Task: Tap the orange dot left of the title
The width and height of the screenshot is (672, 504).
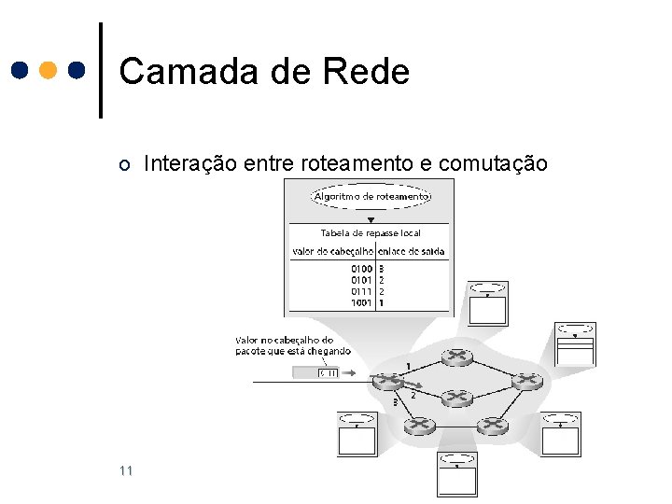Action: click(x=49, y=70)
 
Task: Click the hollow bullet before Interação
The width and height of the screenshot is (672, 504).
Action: click(x=125, y=165)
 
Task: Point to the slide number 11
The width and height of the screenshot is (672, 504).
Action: click(x=126, y=470)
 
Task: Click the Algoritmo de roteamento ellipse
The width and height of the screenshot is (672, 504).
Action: click(x=371, y=197)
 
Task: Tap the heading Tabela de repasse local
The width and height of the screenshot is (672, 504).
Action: click(x=371, y=232)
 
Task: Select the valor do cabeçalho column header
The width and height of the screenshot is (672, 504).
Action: click(x=333, y=251)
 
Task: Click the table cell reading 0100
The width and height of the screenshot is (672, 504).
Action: click(x=361, y=269)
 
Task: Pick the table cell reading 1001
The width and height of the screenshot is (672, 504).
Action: click(x=361, y=302)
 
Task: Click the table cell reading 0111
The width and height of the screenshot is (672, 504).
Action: click(x=361, y=291)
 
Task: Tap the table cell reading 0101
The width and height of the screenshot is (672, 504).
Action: click(x=361, y=280)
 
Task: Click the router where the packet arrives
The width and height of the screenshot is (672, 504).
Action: click(x=385, y=381)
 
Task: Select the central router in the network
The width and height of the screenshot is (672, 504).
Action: click(x=456, y=398)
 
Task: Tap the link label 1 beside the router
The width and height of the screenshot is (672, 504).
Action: click(x=407, y=364)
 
